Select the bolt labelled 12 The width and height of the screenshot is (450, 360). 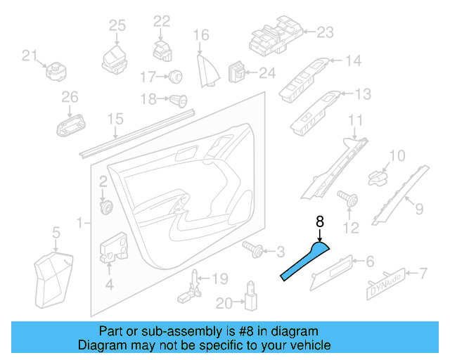pyautogui.click(x=346, y=199)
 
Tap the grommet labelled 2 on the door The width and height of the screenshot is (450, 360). pyautogui.click(x=108, y=207)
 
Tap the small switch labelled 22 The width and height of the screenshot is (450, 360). pyautogui.click(x=161, y=50)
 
